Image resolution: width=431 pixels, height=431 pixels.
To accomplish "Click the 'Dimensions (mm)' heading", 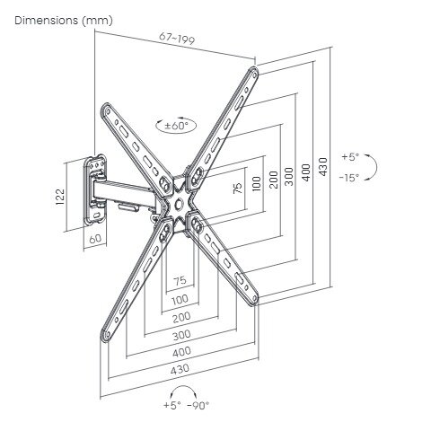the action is tap(64, 21).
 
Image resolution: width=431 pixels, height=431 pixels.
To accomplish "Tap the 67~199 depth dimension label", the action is tap(177, 38).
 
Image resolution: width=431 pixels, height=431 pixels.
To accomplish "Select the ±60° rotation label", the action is tap(177, 126).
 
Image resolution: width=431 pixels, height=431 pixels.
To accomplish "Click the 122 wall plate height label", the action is tap(60, 197).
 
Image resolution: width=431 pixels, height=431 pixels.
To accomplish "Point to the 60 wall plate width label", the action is tap(95, 239).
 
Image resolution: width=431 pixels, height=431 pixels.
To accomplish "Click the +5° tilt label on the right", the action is tap(350, 157).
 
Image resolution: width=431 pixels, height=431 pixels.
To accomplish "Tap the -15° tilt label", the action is tap(349, 178).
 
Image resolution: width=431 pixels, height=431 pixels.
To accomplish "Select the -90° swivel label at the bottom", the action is tap(198, 405).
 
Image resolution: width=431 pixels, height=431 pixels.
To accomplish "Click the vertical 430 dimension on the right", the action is tap(323, 167).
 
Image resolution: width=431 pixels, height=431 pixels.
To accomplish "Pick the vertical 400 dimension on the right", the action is tap(306, 172).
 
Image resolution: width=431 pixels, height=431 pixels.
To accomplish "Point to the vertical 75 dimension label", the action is tap(237, 188).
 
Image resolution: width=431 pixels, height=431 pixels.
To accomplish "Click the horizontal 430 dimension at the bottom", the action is tap(180, 369).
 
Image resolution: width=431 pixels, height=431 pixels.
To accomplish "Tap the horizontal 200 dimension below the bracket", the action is tap(181, 317).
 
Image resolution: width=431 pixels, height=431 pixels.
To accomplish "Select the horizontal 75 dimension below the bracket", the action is tap(180, 280).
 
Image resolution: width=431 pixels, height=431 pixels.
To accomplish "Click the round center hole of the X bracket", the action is tap(179, 204).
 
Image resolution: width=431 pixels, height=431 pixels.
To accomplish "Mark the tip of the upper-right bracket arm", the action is tap(254, 71).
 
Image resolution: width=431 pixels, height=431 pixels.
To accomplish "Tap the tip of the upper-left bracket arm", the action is tap(105, 107).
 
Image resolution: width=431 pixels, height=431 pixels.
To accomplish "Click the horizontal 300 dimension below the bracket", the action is tap(181, 335).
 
